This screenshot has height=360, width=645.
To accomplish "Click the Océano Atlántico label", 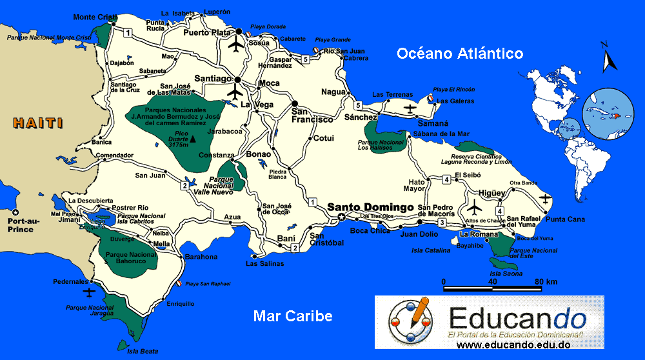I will [460, 53].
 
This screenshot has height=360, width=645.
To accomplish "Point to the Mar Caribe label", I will [293, 316].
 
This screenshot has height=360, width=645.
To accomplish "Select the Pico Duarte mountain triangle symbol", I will [193, 139].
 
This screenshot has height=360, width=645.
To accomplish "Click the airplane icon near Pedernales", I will [90, 292].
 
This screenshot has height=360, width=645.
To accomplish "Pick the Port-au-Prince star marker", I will [16, 212].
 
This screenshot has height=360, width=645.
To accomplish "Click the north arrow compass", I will [607, 58].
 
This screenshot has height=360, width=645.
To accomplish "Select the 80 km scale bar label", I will [546, 282].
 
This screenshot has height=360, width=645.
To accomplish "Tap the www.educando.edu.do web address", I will [513, 346].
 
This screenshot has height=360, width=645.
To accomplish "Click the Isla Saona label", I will [504, 274].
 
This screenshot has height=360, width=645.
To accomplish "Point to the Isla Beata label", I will [142, 351].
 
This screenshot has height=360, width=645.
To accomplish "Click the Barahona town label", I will [201, 257].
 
